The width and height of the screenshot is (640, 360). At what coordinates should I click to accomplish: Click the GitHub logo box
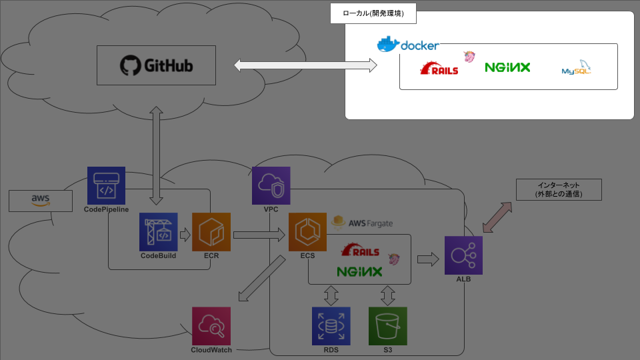pyautogui.click(x=156, y=65)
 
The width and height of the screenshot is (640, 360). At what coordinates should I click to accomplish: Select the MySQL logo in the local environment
pyautogui.click(x=577, y=68)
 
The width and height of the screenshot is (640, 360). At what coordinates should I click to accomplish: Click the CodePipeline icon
pyautogui.click(x=106, y=185)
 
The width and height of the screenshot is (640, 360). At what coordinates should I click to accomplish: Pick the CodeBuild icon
pyautogui.click(x=158, y=231)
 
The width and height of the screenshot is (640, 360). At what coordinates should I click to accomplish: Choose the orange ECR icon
pyautogui.click(x=211, y=231)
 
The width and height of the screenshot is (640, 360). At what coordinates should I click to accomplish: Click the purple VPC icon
pyautogui.click(x=271, y=185)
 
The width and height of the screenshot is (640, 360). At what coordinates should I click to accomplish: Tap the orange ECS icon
pyautogui.click(x=307, y=231)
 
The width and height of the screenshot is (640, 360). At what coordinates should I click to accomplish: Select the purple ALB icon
pyautogui.click(x=463, y=255)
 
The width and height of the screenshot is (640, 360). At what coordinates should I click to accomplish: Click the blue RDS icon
pyautogui.click(x=331, y=325)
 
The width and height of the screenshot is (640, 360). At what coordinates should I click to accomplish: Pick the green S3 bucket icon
pyautogui.click(x=387, y=325)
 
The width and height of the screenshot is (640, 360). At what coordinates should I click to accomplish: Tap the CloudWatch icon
pyautogui.click(x=211, y=325)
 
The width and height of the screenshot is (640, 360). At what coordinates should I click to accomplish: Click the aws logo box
pyautogui.click(x=41, y=201)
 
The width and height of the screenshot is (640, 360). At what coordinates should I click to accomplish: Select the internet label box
pyautogui.click(x=559, y=190)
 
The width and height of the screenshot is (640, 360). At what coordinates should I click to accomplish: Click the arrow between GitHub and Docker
pyautogui.click(x=305, y=65)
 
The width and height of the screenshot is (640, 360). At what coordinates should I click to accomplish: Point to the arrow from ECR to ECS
pyautogui.click(x=259, y=234)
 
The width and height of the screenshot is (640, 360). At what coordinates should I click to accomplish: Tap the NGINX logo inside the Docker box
pyautogui.click(x=507, y=67)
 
